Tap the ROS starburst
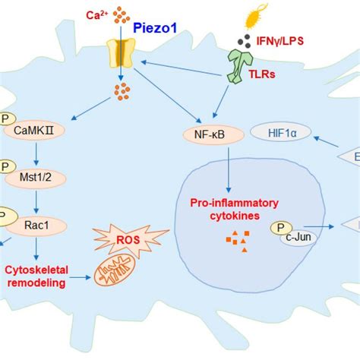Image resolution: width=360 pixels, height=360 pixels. [115, 239]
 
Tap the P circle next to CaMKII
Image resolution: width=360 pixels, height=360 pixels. [4, 121]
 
